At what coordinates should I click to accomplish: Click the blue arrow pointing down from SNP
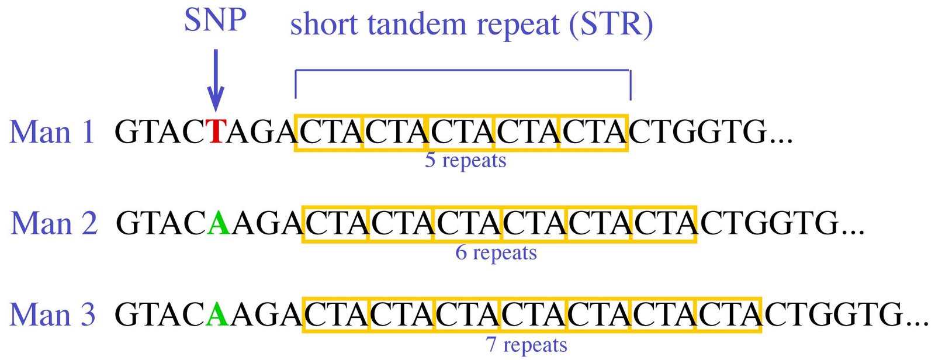(216, 80)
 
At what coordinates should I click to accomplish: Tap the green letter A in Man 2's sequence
(219, 223)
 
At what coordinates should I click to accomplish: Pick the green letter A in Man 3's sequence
(217, 314)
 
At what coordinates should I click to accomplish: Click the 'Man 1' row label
(52, 132)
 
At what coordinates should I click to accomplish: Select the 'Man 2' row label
(54, 223)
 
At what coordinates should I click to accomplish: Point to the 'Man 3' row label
(53, 314)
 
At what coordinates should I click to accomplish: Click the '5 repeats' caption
(465, 160)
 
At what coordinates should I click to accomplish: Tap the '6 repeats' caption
(496, 252)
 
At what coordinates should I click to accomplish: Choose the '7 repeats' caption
(527, 345)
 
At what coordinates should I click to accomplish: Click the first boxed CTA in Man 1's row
(329, 132)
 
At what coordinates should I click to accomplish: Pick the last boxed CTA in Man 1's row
(594, 132)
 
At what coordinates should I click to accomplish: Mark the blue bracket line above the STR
(463, 70)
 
